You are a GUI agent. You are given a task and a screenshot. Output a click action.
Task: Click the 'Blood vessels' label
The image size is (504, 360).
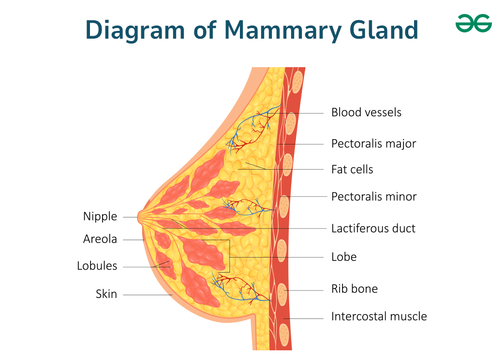point(366,113)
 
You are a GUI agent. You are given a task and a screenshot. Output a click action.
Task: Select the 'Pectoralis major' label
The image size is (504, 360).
point(373,144)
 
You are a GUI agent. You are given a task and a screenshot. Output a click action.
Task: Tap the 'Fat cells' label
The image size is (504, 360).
point(352,169)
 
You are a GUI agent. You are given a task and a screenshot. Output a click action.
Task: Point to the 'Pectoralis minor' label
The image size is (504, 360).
point(374,196)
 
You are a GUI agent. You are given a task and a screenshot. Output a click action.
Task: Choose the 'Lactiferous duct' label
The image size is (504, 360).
point(373,229)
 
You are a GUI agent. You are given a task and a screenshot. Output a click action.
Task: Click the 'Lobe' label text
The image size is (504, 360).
point(344,257)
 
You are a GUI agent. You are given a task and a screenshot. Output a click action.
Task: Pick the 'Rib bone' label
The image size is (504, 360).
point(355,288)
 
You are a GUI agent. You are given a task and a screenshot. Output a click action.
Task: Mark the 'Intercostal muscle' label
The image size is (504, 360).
point(379,317)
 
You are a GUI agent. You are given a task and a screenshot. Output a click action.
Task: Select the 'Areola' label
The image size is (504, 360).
point(100,239)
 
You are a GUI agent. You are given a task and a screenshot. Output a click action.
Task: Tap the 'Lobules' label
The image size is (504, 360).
point(97,266)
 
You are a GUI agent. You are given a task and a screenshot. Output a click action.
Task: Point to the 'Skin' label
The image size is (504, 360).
point(106,294)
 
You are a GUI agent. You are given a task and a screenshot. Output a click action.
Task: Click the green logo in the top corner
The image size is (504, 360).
point(474,23)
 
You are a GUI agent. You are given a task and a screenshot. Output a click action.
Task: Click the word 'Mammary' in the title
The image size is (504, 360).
point(282,30)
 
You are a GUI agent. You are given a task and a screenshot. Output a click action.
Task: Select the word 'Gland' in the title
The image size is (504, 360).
point(384,29)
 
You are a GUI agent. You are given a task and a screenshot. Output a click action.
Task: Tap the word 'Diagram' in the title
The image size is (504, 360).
point(135,30)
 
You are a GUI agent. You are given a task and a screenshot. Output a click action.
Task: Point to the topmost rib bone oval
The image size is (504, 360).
point(297,82)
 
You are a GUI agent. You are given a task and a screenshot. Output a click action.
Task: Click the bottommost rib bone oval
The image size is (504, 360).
point(284,335)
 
